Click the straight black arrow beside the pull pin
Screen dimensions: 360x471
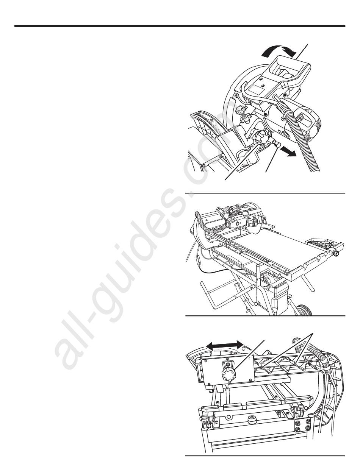[x=288, y=153]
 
